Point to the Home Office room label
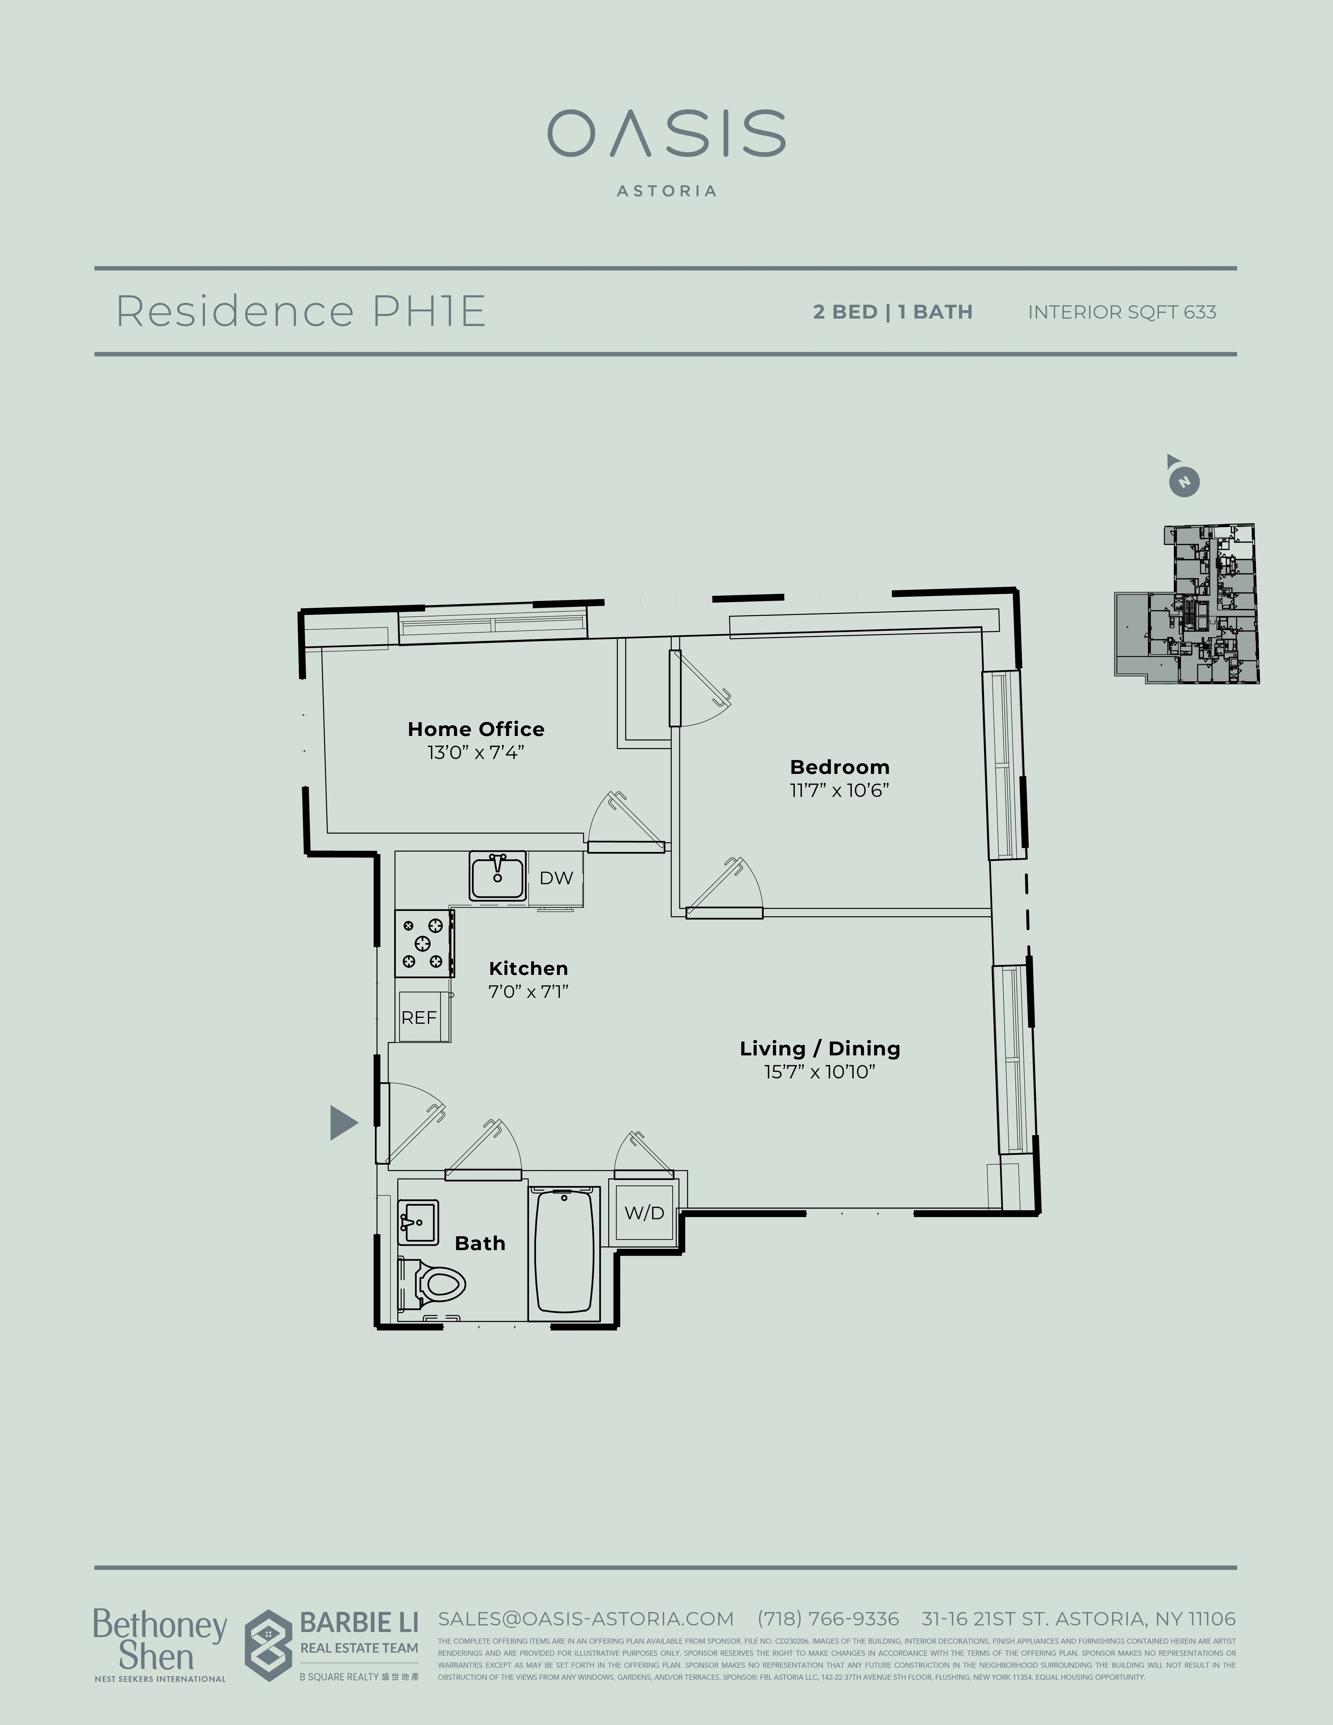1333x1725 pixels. tap(475, 729)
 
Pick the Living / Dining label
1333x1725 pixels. tap(820, 1048)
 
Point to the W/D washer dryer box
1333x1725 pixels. tap(644, 1212)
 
